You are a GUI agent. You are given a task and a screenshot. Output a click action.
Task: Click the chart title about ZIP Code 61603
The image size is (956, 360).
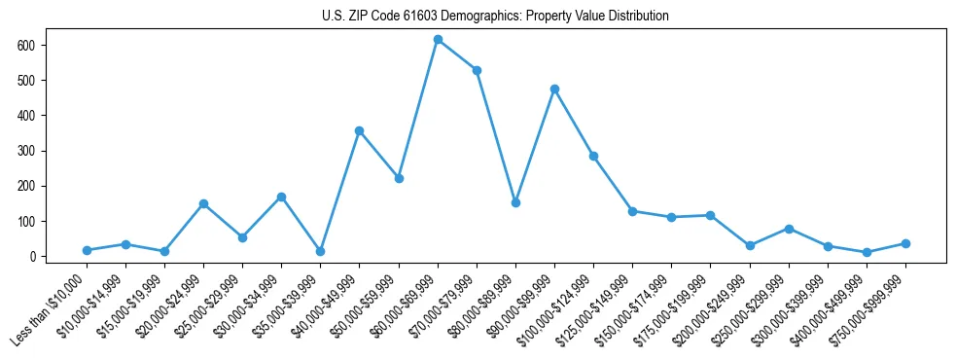495,16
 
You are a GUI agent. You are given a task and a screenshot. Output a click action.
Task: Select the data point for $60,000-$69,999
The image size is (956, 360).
438,39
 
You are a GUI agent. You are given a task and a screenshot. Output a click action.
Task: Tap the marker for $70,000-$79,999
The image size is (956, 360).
477,70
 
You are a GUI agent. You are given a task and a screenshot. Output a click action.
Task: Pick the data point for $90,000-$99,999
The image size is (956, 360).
554,89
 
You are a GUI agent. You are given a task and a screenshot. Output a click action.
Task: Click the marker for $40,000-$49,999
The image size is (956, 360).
359,130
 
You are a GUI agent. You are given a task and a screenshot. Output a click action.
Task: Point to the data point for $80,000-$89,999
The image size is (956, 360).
515,202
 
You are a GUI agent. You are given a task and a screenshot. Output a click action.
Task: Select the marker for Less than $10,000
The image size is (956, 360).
87,250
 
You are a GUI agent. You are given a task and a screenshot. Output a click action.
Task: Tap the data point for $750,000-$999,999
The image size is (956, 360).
905,243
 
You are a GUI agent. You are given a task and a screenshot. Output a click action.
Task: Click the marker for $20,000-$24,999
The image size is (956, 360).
203,203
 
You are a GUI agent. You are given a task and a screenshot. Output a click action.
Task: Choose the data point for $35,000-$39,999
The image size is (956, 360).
320,251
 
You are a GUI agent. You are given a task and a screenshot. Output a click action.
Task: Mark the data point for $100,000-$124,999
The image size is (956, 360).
593,156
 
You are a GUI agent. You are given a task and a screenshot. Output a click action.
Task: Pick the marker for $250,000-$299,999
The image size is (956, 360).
789,229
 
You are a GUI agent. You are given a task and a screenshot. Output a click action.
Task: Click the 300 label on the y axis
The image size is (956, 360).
33,151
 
